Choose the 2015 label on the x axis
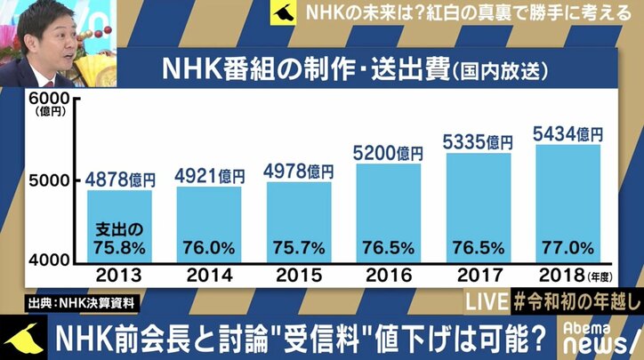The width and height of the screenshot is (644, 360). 300,275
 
